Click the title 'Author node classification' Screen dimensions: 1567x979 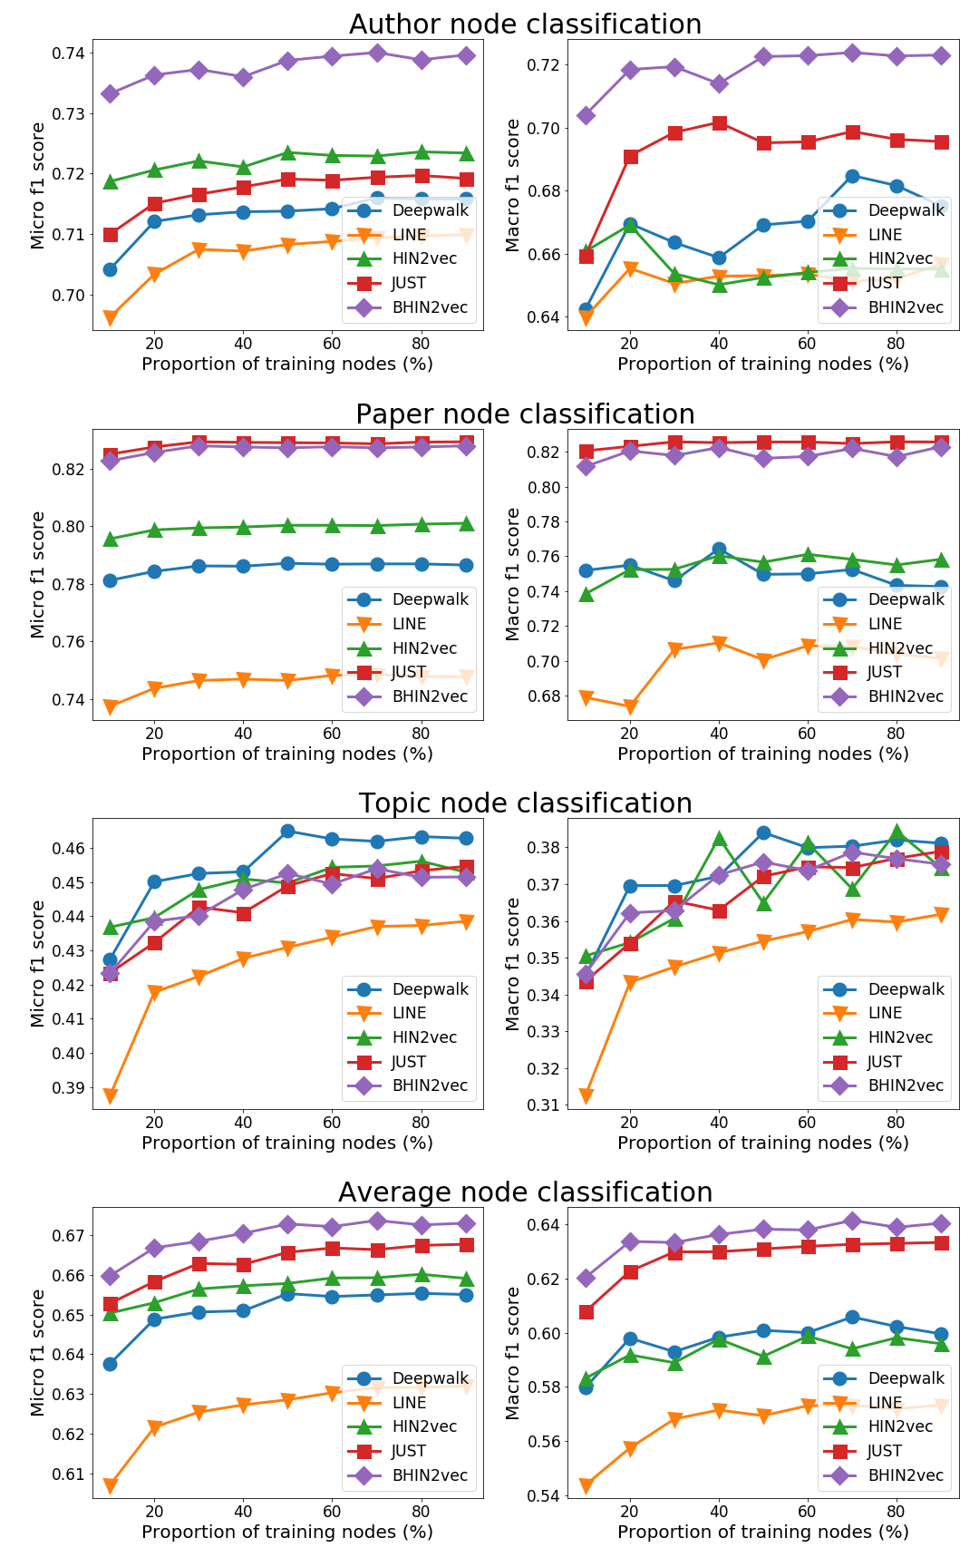pos(525,24)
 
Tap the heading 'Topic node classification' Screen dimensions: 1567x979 pos(525,803)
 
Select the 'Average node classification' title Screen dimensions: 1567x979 pos(525,1192)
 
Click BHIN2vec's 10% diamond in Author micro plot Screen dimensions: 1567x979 pos(110,93)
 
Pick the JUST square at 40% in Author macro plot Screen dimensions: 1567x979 pos(719,123)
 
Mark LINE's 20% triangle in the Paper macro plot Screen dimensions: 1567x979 pos(630,707)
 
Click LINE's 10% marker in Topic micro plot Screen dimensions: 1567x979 pos(110,1096)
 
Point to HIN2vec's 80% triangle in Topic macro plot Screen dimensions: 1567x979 pos(897,832)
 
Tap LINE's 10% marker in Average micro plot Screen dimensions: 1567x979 pos(110,1485)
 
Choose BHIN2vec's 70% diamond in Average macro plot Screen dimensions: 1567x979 pos(852,1221)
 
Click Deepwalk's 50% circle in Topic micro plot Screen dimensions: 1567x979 pos(287,831)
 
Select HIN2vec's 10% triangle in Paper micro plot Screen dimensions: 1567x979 pos(110,539)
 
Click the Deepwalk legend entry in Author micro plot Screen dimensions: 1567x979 pos(408,210)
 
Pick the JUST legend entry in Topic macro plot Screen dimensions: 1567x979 pos(884,1062)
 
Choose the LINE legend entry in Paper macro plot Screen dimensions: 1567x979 pos(884,624)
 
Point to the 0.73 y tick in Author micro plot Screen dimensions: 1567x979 pos(72,113)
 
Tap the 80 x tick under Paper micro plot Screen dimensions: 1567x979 pos(421,733)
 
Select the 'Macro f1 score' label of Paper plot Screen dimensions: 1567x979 pos(513,575)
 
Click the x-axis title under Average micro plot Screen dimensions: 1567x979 pos(287,1532)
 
